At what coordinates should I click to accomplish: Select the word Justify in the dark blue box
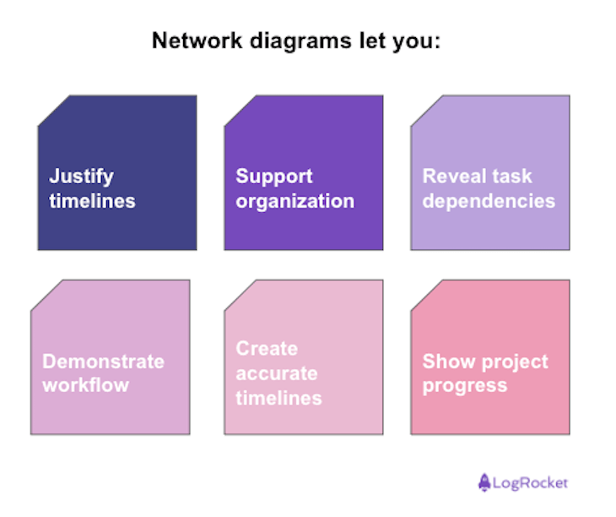(81, 177)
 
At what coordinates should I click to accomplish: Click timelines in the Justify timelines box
(92, 201)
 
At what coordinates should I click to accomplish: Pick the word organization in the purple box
(294, 201)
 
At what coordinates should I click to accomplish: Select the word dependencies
(489, 201)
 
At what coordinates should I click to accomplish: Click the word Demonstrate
(103, 362)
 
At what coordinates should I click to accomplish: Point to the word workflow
(85, 385)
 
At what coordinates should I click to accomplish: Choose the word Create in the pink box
(267, 349)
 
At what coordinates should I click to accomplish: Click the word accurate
(276, 373)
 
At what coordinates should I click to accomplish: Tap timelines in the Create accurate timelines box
(278, 398)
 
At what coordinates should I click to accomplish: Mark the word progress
(464, 386)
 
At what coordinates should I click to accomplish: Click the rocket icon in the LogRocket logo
(484, 482)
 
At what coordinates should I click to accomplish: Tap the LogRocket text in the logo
(531, 483)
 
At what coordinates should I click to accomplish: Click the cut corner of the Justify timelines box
(52, 110)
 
